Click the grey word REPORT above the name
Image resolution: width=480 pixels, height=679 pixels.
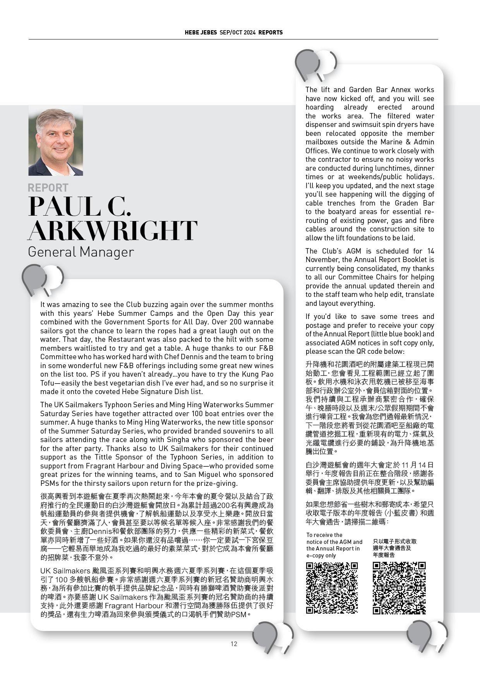pyautogui.click(x=48, y=188)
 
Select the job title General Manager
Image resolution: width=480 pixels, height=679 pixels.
pyautogui.click(x=81, y=252)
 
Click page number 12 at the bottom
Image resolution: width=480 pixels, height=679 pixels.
pyautogui.click(x=233, y=644)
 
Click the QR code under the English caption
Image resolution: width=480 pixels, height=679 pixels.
pyautogui.click(x=332, y=588)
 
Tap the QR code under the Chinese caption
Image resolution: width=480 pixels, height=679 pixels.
pyautogui.click(x=399, y=588)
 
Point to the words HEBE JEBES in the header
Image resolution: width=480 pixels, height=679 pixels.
pyautogui.click(x=201, y=33)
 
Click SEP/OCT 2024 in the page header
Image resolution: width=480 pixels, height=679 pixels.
pyautogui.click(x=237, y=33)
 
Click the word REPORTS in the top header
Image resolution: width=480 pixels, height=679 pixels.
pyautogui.click(x=271, y=33)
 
